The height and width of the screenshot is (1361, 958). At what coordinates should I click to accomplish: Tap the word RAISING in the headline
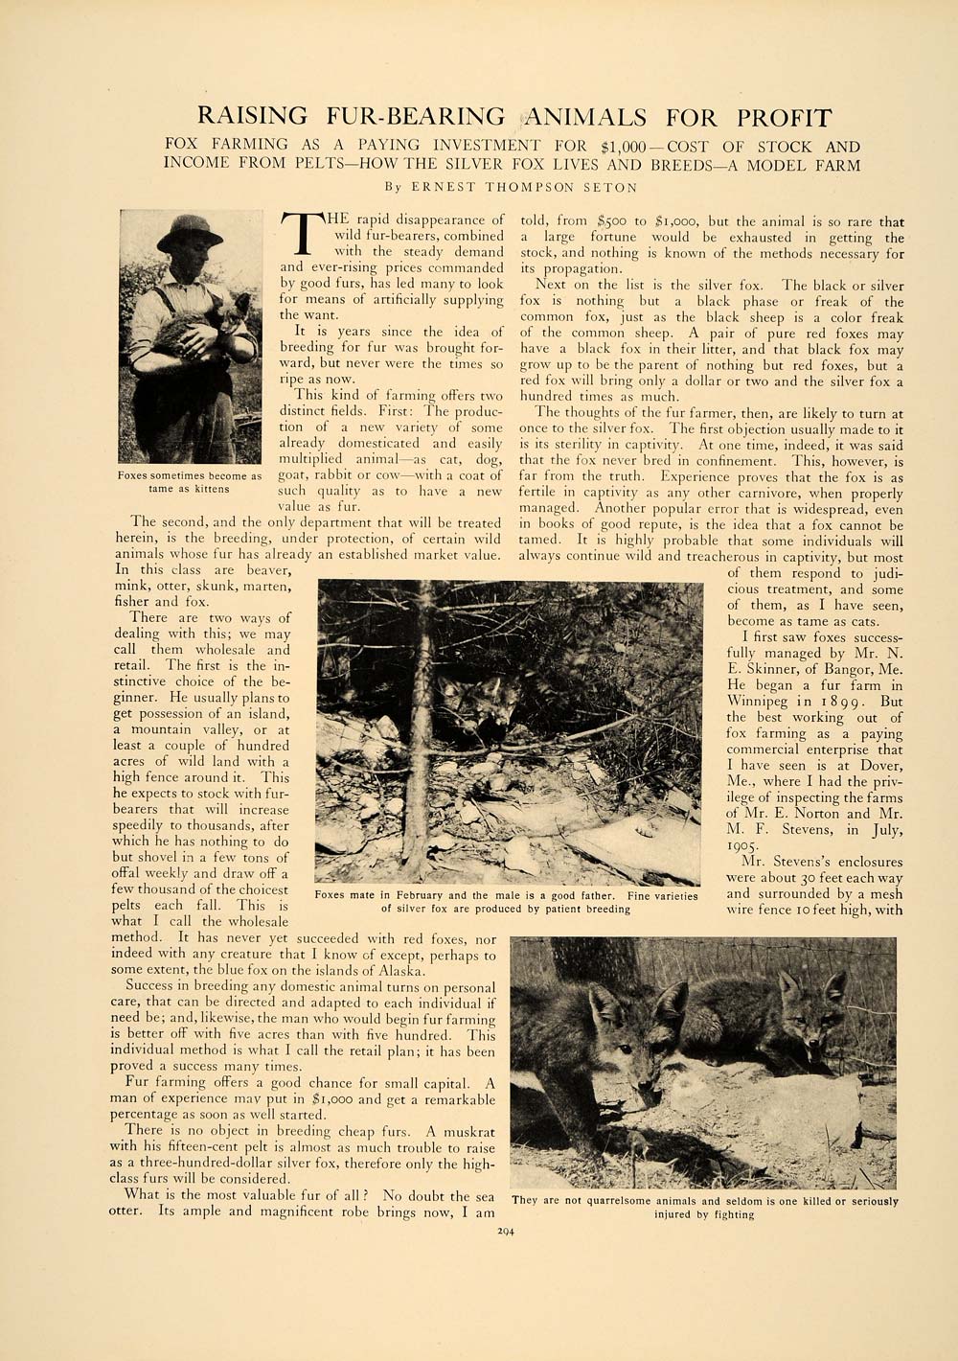[x=252, y=118]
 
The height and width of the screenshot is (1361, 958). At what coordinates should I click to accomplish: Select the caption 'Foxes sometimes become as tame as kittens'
[x=190, y=482]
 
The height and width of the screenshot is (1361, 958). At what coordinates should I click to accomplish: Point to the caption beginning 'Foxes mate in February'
[x=506, y=902]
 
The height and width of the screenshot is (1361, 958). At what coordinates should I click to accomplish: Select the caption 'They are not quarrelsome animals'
[x=704, y=1208]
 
